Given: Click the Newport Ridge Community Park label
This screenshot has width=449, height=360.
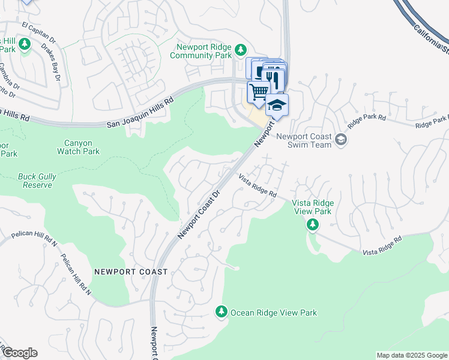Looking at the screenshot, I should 200,51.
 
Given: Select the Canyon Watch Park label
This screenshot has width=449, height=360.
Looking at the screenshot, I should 79,147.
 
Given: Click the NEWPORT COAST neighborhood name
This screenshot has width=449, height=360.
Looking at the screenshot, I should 131,272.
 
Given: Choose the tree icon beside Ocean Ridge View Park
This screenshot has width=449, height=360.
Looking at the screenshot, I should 221,312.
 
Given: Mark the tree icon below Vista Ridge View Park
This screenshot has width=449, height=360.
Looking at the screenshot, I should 312,225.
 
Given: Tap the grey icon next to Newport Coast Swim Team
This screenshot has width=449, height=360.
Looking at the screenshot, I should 341,140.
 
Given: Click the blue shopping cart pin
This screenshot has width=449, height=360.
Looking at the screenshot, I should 259,92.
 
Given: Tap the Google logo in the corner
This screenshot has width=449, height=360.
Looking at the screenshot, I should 19,353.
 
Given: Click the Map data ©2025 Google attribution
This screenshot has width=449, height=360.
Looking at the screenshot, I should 412,355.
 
